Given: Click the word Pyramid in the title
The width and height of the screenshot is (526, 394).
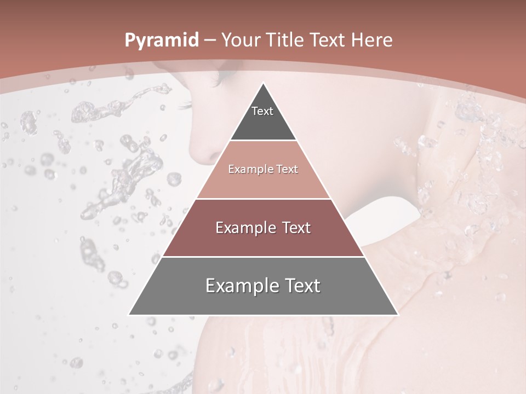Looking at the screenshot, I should point(161,40).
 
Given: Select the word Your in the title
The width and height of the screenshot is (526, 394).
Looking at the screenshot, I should point(239,40).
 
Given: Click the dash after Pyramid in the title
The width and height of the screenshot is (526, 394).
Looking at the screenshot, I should point(209,40).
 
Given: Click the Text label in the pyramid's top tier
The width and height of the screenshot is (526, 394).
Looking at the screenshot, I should point(262,111).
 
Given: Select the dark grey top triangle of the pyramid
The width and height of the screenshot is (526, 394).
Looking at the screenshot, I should point(263,123).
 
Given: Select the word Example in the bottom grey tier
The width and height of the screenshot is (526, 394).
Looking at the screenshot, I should point(238,286).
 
